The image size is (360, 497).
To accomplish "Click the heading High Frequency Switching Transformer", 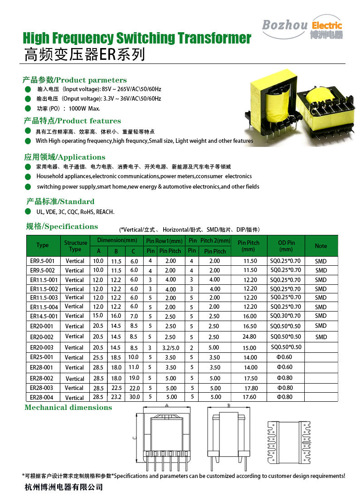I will coord(136,38).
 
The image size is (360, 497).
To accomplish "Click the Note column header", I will coord(321,246).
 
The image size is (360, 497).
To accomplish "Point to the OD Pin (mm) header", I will coord(286,246).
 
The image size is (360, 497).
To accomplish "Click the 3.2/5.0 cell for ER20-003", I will coord(170,347).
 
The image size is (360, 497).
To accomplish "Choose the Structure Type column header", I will coord(75,246).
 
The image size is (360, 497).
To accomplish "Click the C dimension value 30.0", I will coord(134,397).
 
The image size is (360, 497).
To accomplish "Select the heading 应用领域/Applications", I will coord(64,157).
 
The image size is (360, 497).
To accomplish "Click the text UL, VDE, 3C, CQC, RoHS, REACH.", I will coord(75,212).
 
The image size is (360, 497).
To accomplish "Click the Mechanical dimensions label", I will coord(68,407).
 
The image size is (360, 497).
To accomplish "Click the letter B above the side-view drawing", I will coord(229,405).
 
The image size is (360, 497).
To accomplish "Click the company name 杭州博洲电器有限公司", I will coord(63,487).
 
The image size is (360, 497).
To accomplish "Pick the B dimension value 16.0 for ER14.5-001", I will coord(116,316).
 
